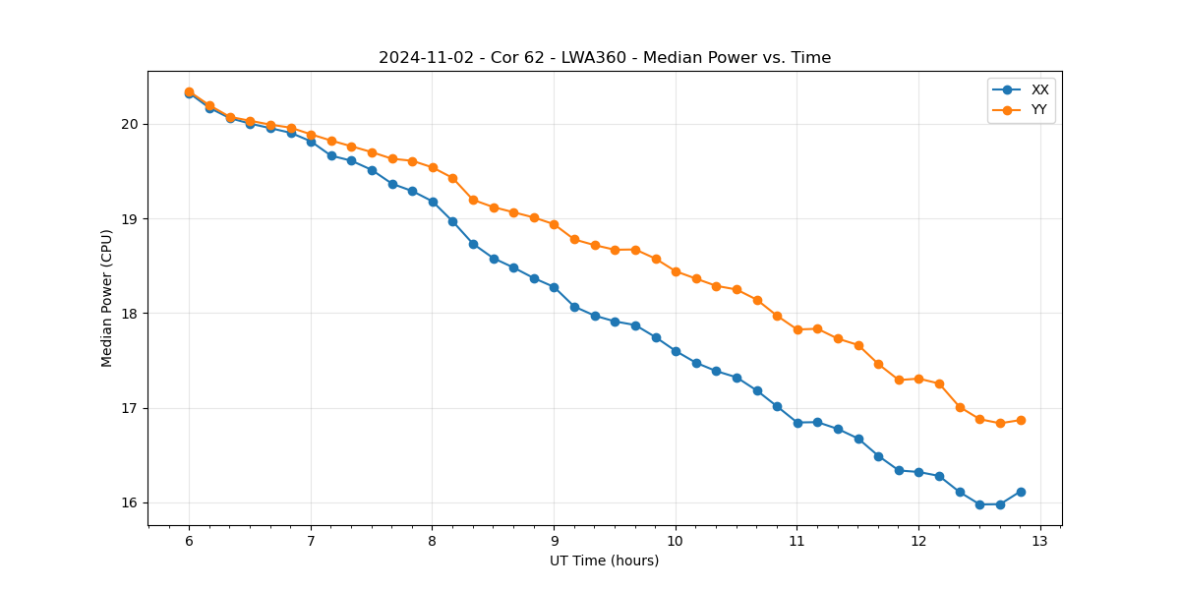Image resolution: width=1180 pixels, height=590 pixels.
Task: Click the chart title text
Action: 605,58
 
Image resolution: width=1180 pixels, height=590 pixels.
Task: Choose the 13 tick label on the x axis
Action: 1040,542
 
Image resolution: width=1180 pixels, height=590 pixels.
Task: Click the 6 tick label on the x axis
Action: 189,542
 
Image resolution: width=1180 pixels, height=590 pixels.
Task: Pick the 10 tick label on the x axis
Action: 676,542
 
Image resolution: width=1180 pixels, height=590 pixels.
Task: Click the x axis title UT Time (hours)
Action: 605,561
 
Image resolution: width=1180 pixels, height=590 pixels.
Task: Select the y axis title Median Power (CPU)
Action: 107,298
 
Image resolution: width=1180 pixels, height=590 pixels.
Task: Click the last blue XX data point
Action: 1021,492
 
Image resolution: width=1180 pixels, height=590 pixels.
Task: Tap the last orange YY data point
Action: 1021,420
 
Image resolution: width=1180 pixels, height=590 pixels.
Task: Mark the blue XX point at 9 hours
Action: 554,287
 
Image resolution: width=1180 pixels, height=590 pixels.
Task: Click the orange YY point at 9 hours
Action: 554,224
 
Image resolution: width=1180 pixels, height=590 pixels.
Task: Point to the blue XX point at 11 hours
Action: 797,423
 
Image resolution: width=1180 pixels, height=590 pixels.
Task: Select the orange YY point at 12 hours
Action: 918,379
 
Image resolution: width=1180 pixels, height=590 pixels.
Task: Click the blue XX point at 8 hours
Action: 433,202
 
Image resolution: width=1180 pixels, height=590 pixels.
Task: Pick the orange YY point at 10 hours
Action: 676,271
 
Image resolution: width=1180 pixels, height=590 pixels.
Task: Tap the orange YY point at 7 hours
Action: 311,135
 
